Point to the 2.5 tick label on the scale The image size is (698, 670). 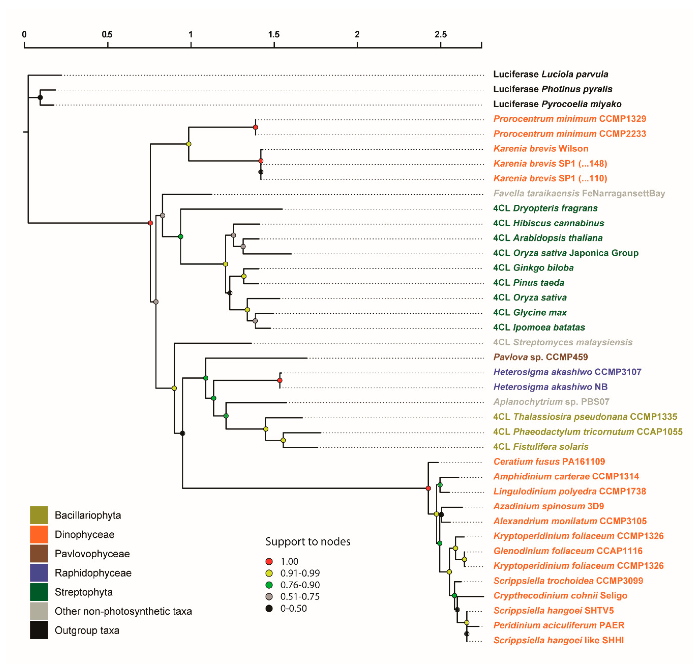(x=440, y=34)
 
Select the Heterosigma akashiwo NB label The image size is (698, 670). (x=550, y=387)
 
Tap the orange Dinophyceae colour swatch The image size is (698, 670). (x=39, y=534)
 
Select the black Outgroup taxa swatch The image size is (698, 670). (x=39, y=630)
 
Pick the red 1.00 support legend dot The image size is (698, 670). (x=269, y=561)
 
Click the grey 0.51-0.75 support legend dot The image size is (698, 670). (x=269, y=596)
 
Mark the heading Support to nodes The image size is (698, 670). (x=308, y=541)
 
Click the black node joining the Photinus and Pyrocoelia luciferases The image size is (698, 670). (x=40, y=97)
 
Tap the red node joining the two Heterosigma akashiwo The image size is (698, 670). (x=280, y=380)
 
